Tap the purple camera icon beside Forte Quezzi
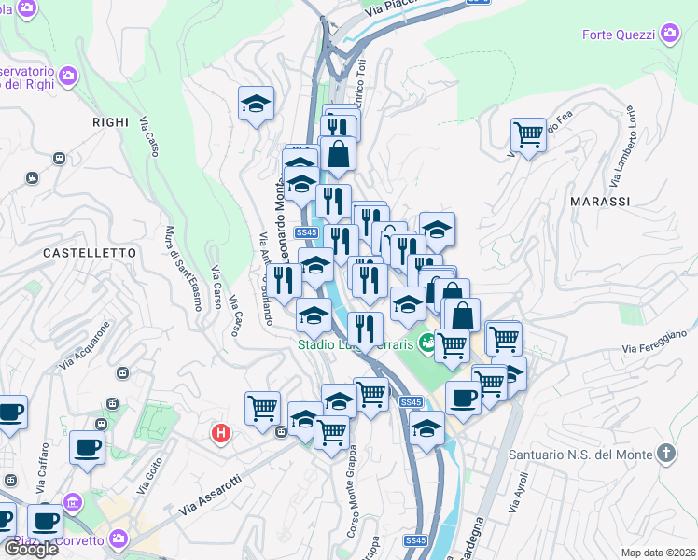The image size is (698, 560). [669, 35]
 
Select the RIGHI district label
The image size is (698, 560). [110, 121]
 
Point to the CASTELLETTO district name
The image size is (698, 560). [90, 253]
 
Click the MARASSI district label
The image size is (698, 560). [600, 202]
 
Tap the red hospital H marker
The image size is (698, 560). [221, 433]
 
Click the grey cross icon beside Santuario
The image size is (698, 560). [665, 455]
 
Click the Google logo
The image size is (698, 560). [30, 548]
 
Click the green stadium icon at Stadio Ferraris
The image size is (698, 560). [427, 343]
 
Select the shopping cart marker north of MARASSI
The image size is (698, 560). [528, 135]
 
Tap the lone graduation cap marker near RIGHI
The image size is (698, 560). [255, 105]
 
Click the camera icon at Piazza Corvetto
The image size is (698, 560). [119, 539]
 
